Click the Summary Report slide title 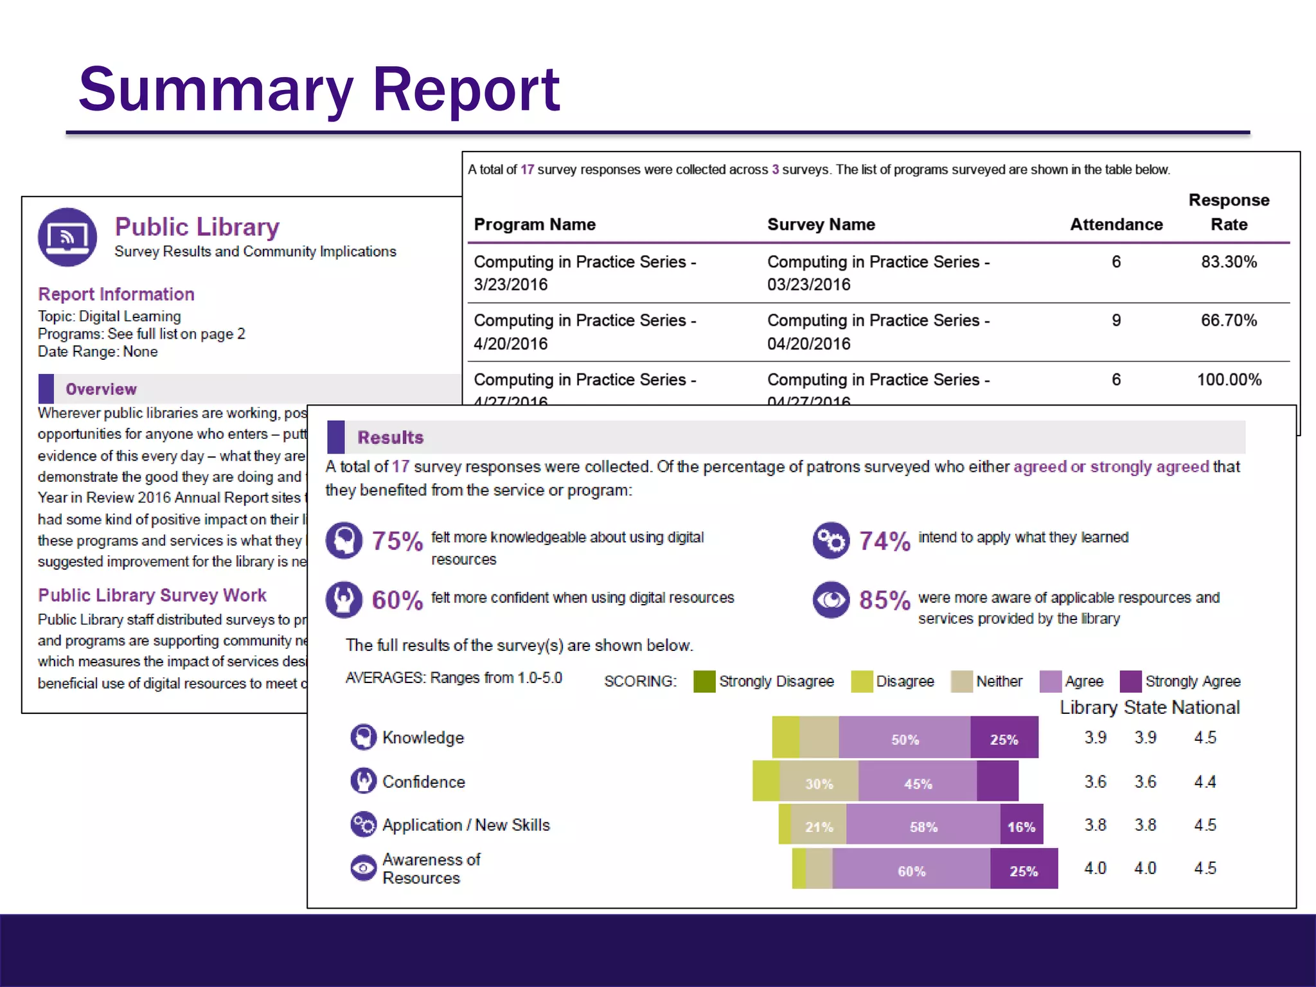tap(319, 90)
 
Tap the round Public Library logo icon tap(67, 237)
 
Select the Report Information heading tap(116, 294)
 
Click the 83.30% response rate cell tap(1228, 262)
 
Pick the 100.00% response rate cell tap(1229, 380)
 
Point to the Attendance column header tap(1116, 225)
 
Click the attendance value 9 tap(1116, 321)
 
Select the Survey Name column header tap(821, 225)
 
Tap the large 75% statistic tap(397, 541)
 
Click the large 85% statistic tap(884, 600)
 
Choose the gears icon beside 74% tap(831, 540)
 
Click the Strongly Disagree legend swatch tap(704, 681)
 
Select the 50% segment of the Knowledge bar tap(904, 739)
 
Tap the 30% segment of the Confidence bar tap(819, 783)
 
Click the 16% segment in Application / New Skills tap(1020, 826)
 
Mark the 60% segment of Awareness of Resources tap(911, 871)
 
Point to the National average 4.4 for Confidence tap(1204, 782)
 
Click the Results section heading tap(390, 438)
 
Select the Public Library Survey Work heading tap(152, 595)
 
